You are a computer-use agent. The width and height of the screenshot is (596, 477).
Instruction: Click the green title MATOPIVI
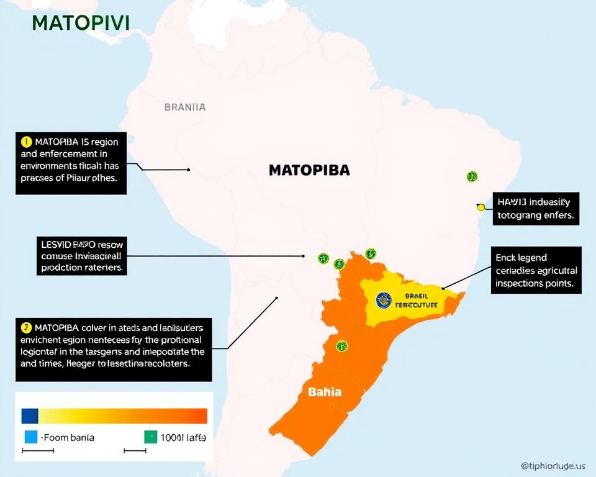(x=80, y=23)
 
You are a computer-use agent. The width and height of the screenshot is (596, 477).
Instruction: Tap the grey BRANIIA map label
(x=184, y=107)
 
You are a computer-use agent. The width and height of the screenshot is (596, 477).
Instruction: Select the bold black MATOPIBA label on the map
(x=309, y=170)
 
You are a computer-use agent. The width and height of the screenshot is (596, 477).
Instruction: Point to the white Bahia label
(x=325, y=393)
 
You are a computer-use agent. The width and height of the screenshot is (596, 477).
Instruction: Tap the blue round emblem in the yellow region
(x=384, y=301)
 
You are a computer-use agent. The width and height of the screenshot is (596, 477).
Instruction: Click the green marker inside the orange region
(x=341, y=346)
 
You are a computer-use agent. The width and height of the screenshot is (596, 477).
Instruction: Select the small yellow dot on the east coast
(x=481, y=207)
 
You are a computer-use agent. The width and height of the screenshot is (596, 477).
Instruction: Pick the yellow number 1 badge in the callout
(x=26, y=142)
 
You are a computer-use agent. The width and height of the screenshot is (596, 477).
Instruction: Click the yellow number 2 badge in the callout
(x=26, y=327)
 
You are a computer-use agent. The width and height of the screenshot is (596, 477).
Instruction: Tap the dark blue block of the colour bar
(x=30, y=416)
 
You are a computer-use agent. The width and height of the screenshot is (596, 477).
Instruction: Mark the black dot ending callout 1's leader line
(x=188, y=169)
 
